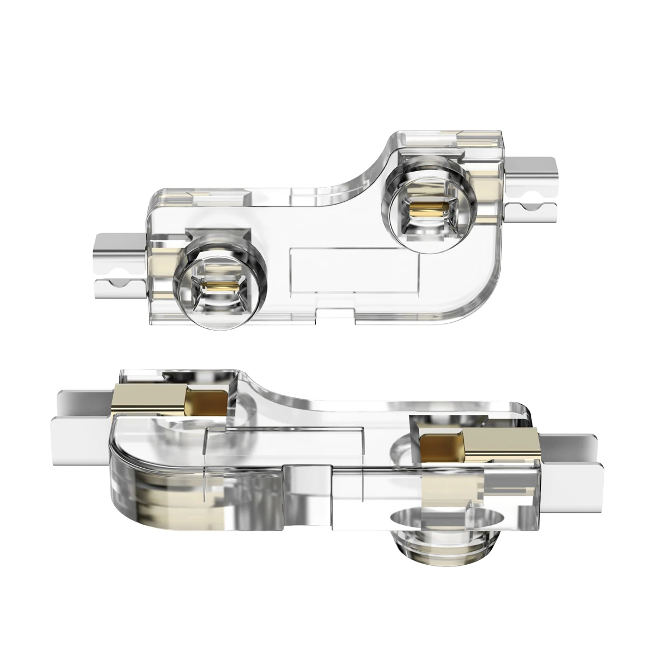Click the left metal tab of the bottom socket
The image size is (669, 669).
(x=84, y=415)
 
